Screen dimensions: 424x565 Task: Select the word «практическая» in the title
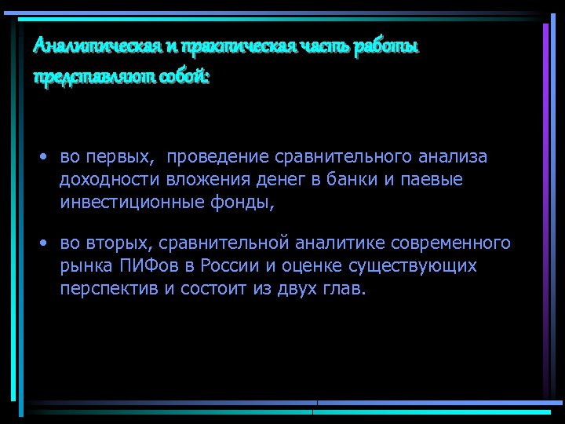click(x=236, y=47)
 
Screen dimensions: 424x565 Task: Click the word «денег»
click(x=278, y=180)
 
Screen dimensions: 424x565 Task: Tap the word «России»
click(x=228, y=265)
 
